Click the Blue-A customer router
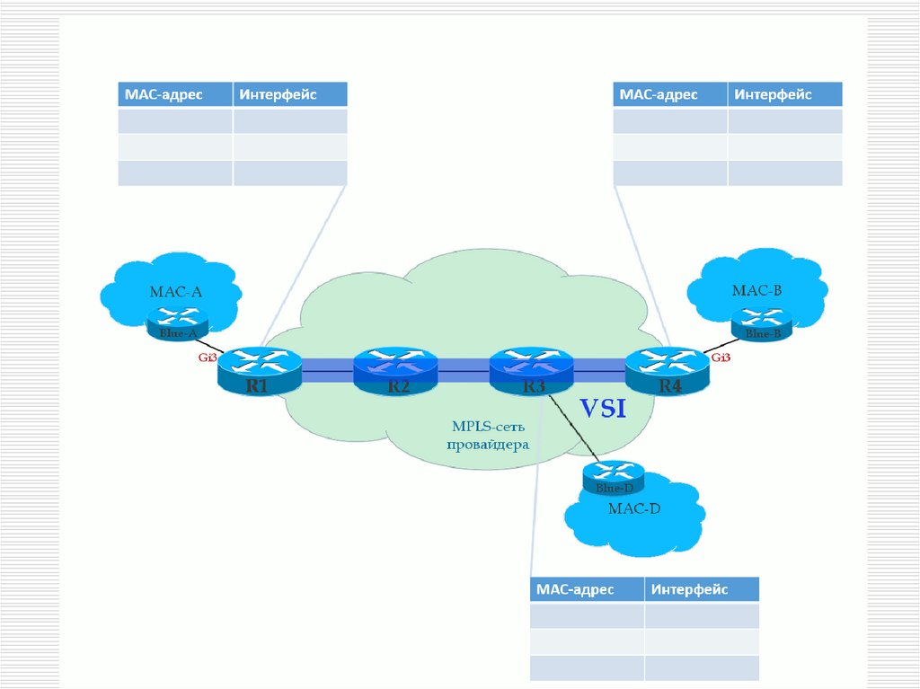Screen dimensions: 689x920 pos(178,322)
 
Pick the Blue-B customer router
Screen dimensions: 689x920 pos(762,323)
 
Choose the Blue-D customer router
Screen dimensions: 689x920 pos(615,477)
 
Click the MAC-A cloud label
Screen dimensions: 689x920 pos(175,291)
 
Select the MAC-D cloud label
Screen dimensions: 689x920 pos(633,509)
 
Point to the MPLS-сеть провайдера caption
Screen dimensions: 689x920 pos(490,435)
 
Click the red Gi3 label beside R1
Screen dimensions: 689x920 pos(208,358)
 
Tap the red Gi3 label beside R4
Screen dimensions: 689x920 pos(721,358)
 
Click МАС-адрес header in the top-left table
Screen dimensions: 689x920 pos(164,94)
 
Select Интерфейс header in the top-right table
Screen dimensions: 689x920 pos(772,94)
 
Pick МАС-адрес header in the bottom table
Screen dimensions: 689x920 pos(575,589)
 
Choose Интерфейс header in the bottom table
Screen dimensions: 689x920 pos(690,589)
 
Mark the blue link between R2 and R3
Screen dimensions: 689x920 pos(463,366)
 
